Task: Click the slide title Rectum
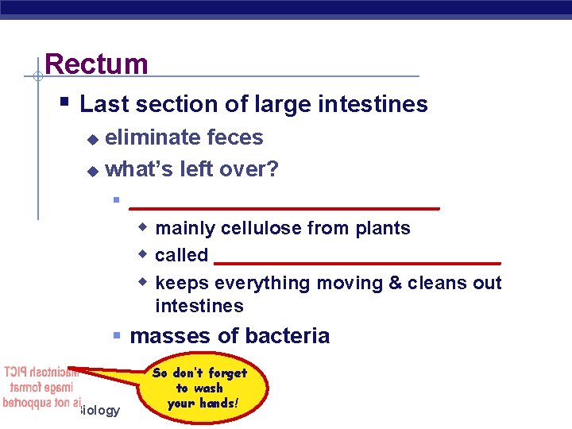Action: pyautogui.click(x=96, y=64)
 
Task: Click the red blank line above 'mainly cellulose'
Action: pyautogui.click(x=284, y=207)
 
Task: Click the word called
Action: pyautogui.click(x=181, y=256)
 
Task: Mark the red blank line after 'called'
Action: pyautogui.click(x=357, y=261)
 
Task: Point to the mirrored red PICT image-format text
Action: pyautogui.click(x=37, y=388)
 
